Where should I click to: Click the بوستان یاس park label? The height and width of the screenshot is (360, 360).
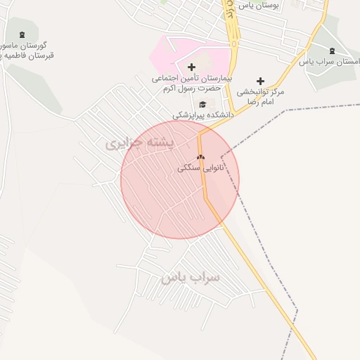[x=259, y=5]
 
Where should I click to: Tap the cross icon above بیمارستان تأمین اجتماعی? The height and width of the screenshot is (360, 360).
[x=192, y=67]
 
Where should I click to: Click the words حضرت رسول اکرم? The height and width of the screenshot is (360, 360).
[x=188, y=89]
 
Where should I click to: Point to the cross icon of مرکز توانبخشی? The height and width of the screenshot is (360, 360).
[x=260, y=82]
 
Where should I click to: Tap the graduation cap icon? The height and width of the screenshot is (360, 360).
[x=202, y=105]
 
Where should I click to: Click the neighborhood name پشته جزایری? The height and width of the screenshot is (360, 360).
[x=139, y=143]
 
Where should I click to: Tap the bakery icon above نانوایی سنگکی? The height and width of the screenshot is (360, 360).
[x=200, y=157]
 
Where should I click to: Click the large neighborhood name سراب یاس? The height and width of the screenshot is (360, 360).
[x=191, y=277]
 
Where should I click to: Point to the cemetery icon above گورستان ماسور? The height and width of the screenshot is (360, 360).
[x=22, y=35]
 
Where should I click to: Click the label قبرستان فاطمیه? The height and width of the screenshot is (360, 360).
[x=29, y=56]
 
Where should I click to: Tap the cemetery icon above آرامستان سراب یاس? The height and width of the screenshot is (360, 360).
[x=332, y=51]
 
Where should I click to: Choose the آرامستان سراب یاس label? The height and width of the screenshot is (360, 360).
[x=330, y=62]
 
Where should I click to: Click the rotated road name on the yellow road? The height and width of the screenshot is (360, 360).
[x=229, y=10]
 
